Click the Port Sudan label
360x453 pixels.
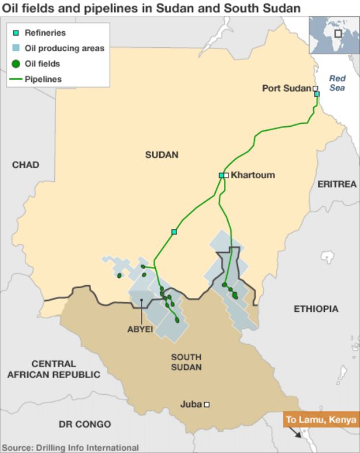coord(286,88)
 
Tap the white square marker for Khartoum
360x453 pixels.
coord(227,175)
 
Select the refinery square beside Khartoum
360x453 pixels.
coord(221,175)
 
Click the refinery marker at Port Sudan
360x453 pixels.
coord(317,94)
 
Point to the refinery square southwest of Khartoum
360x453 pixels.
coord(174,232)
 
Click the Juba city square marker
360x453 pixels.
coord(207,405)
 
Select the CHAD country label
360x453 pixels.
coord(25,165)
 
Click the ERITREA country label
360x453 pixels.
coord(337,184)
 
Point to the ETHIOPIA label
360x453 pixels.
coord(316,309)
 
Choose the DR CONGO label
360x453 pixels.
coord(85,424)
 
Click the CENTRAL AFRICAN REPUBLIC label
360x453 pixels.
coord(53,369)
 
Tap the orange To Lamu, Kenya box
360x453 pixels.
coord(321,420)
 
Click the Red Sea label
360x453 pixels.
coord(337,83)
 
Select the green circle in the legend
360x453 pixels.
coord(16,64)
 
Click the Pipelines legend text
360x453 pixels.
coord(43,79)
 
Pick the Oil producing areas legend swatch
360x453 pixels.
coord(16,48)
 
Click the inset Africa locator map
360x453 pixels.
coord(332,36)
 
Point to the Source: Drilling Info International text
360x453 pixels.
coord(70,447)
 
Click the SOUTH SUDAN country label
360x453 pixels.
coord(186,362)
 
